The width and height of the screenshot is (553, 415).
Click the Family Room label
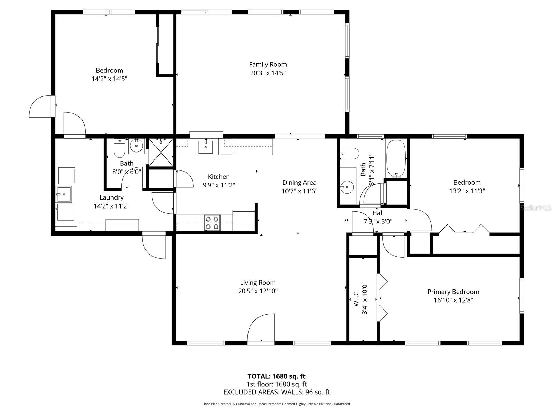point(268,65)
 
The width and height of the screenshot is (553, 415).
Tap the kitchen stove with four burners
point(212,223)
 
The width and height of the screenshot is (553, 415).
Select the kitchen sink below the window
point(206,147)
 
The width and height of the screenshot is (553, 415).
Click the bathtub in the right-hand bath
point(396,158)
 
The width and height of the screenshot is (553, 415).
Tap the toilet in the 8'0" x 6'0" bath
point(119,149)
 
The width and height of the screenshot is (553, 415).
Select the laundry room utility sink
point(64,194)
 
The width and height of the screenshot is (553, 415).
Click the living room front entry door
point(261,329)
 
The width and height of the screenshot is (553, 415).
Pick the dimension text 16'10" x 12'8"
point(453,300)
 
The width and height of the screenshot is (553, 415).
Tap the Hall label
point(378,213)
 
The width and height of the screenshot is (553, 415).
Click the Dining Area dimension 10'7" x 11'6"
point(299,191)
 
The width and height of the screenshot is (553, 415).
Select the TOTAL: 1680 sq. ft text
point(276,376)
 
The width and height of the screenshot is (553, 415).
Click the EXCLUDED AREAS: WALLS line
point(276,392)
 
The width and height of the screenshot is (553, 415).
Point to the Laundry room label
point(111,197)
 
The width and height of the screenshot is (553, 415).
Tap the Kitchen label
point(218,177)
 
